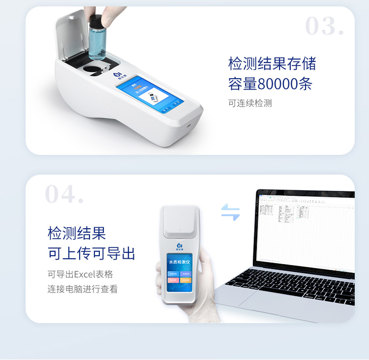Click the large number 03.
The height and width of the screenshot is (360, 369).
click(324, 26)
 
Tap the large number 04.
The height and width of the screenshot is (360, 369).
click(64, 195)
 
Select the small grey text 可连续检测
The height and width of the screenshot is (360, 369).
click(250, 103)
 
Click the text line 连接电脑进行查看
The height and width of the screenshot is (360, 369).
click(83, 289)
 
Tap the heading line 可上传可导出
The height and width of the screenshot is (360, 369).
click(91, 254)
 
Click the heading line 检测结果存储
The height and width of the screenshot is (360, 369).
click(272, 63)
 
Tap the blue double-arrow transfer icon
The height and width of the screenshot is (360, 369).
click(230, 212)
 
